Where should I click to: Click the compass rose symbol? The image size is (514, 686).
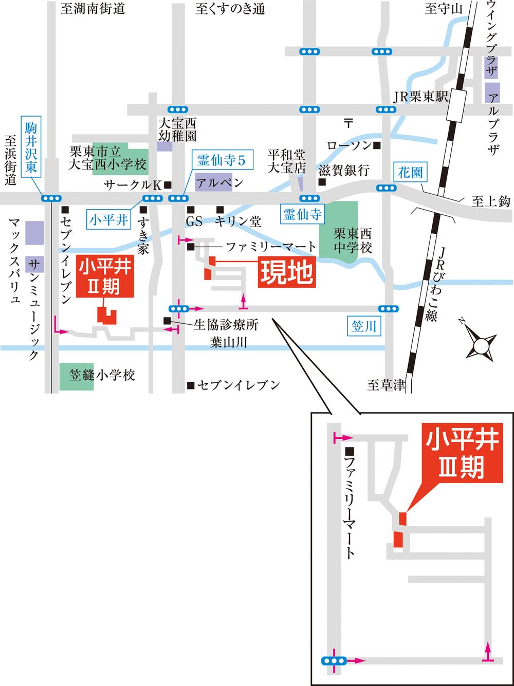click(481, 345)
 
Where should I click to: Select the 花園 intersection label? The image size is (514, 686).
click(410, 172)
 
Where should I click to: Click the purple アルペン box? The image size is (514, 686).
click(213, 183)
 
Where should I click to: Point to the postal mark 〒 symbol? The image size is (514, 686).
click(348, 123)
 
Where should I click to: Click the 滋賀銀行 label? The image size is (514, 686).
click(343, 171)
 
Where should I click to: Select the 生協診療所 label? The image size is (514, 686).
click(226, 324)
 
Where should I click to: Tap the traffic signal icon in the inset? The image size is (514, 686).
click(333, 660)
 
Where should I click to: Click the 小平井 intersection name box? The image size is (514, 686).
click(108, 220)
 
